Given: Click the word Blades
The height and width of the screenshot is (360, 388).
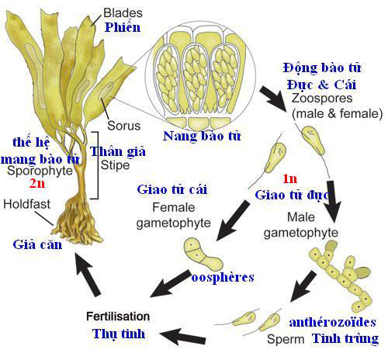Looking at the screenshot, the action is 123,13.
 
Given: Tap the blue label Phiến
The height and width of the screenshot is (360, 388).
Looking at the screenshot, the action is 123,27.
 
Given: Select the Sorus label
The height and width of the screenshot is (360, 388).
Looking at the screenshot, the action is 124,126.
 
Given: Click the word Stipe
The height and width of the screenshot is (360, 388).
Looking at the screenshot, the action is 115,166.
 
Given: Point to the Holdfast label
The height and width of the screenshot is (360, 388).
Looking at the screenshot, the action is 26,204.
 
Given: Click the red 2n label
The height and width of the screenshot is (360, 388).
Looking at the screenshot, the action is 37,183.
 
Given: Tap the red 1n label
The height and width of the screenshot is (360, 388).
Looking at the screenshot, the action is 289,178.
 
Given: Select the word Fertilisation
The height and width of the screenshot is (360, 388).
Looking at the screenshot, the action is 118,317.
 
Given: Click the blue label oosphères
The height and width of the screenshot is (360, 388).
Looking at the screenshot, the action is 223,278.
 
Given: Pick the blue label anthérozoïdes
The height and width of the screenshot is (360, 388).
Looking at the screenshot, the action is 333,322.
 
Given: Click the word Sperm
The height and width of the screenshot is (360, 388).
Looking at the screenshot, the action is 286,339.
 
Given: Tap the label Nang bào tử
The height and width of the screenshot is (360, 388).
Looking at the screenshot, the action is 202,136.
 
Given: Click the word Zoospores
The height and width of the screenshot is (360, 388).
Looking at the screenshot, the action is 322,99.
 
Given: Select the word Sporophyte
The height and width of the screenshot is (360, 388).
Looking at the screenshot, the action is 40,171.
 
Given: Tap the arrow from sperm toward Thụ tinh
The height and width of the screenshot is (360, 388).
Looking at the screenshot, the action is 182,335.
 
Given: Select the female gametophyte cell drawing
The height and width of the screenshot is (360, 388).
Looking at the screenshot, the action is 203,254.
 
